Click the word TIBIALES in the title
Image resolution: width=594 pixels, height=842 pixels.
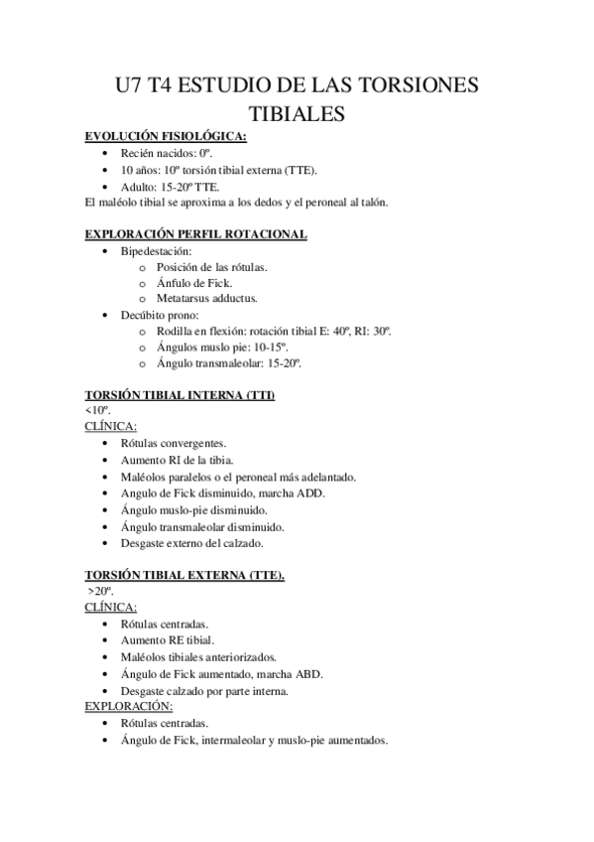(297, 115)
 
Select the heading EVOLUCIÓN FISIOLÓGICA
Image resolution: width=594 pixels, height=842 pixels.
(166, 137)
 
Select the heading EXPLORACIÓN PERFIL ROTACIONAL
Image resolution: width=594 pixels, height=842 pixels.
(195, 234)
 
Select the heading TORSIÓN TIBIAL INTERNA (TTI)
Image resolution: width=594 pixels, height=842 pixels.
(179, 395)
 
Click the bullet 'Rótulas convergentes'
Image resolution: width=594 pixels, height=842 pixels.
(173, 443)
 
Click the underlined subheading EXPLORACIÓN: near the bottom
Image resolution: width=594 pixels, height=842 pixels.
(129, 706)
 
